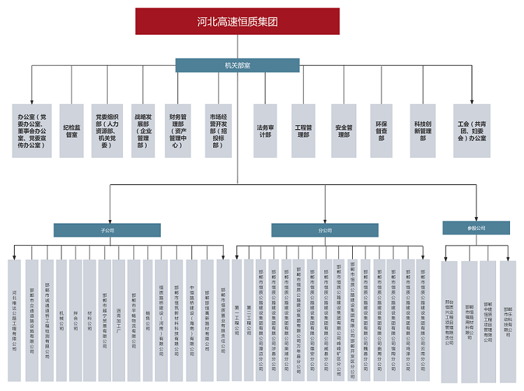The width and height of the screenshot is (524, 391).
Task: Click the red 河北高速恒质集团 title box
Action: click(x=237, y=22)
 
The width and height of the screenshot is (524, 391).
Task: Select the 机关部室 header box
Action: click(x=237, y=65)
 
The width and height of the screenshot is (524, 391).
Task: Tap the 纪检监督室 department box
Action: click(x=71, y=130)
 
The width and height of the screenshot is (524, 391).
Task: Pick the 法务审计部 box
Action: click(x=265, y=130)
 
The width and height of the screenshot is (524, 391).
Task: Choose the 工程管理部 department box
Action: click(x=303, y=130)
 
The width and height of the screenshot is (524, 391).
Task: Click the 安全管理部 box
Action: click(x=343, y=130)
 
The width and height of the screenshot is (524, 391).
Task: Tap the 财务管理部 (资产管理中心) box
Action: click(x=178, y=130)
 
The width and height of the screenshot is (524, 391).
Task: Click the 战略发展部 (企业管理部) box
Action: click(x=143, y=130)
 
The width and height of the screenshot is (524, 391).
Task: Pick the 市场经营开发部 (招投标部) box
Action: click(x=217, y=130)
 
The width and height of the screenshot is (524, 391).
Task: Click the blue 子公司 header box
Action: click(x=107, y=230)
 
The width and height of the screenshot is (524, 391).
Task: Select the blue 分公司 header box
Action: click(x=325, y=230)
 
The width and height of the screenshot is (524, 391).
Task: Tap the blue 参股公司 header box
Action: click(x=476, y=228)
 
